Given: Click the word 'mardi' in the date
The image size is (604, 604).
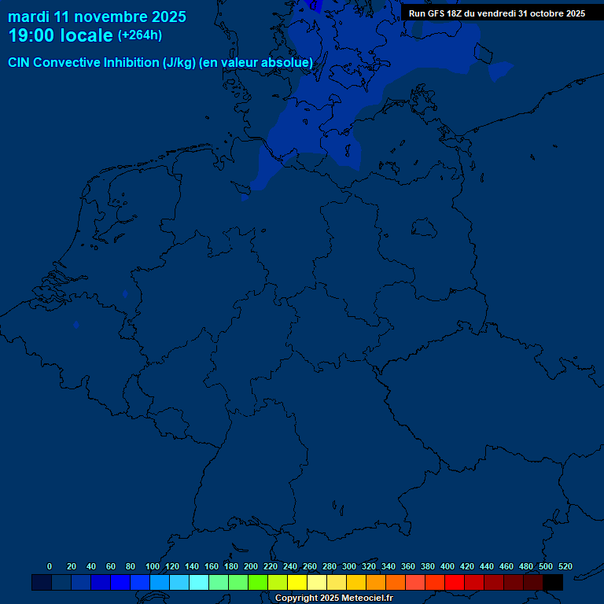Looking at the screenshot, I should click(28, 17).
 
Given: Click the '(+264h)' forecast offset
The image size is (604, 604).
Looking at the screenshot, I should click(140, 35).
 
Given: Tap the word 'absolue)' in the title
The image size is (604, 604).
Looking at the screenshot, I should click(286, 62).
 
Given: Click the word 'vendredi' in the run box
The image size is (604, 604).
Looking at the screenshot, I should click(497, 13).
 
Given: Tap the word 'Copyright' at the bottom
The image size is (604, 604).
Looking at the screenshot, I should click(296, 598).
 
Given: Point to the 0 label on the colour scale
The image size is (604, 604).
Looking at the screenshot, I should click(50, 566).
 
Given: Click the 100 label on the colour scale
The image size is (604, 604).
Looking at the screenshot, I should click(153, 566).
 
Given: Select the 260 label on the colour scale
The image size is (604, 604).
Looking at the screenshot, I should click(310, 566).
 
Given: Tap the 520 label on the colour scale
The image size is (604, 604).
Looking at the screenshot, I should click(565, 566).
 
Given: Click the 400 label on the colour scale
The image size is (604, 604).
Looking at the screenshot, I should click(447, 566).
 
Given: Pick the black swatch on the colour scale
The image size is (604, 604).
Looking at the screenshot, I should click(553, 582).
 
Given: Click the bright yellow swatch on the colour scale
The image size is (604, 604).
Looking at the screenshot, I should click(297, 582).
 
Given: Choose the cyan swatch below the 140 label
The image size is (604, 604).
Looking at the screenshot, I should click(199, 582).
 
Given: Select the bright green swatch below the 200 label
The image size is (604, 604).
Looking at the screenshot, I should click(258, 582).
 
